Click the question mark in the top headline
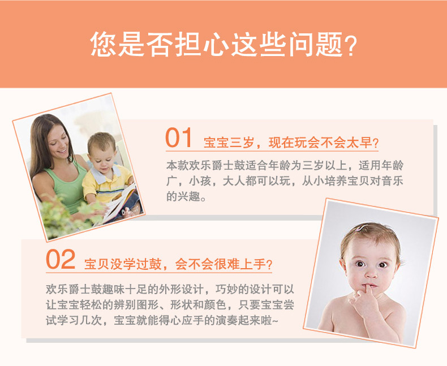coord(350,45)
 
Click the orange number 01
coord(178,137)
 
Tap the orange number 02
coord(61,259)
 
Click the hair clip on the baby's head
coord(360,228)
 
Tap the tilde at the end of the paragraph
coord(275,321)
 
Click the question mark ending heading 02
coord(269,265)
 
